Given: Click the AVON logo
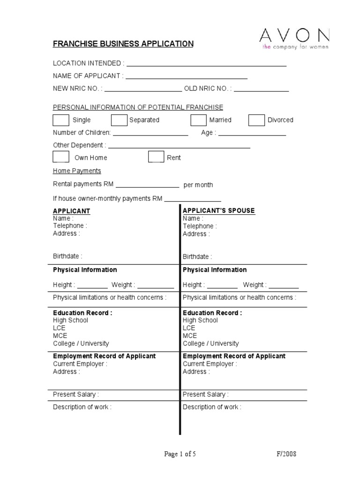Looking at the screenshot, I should click(295, 36).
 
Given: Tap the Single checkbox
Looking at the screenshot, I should click(61, 120).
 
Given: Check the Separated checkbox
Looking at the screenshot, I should click(119, 120).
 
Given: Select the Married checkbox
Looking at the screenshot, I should click(198, 120).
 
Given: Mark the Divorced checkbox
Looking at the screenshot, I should click(256, 120).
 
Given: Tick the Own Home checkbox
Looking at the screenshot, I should click(61, 157).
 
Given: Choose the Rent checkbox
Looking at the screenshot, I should click(156, 157).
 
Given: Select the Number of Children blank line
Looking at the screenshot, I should click(150, 135).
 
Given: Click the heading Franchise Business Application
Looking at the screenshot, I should click(123, 44).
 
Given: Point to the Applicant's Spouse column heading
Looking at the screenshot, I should click(219, 210).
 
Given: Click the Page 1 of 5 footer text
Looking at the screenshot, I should click(180, 454).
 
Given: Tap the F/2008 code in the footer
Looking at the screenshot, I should click(286, 454).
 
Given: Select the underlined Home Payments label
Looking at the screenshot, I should click(77, 171).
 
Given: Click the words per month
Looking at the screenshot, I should click(198, 185).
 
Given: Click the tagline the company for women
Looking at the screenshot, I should click(295, 47).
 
